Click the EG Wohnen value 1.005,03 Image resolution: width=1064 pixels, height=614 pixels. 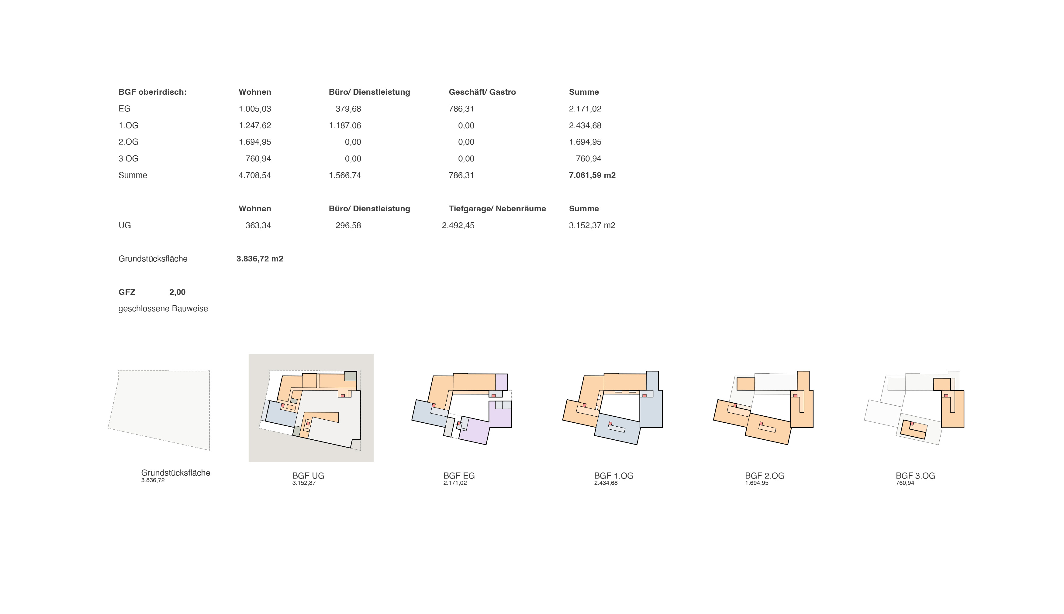coord(255,109)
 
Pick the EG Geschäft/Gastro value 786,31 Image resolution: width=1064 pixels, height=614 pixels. coord(461,109)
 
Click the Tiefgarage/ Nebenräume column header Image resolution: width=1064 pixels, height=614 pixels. coord(497,209)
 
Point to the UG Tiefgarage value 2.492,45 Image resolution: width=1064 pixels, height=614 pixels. coord(458,226)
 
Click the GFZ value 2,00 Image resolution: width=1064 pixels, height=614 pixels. coord(177,292)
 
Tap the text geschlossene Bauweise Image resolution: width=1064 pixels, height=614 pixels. coord(163,309)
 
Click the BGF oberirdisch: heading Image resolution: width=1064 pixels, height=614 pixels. coord(152,92)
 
